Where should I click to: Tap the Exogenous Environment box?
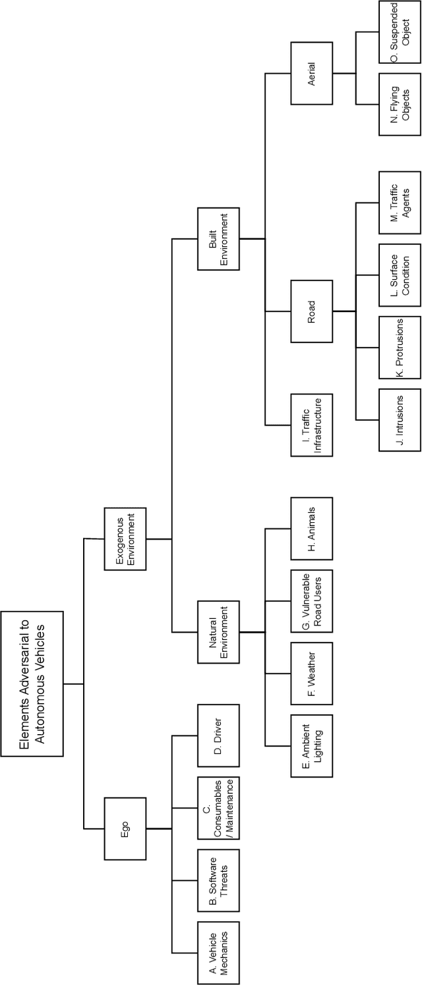tap(126, 538)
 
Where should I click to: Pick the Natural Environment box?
tap(218, 632)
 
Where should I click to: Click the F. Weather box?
tap(311, 673)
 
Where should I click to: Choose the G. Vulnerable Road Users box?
tap(311, 600)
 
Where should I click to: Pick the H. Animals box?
tap(311, 528)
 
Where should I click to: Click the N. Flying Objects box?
tap(400, 105)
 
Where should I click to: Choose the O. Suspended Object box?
tap(400, 32)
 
